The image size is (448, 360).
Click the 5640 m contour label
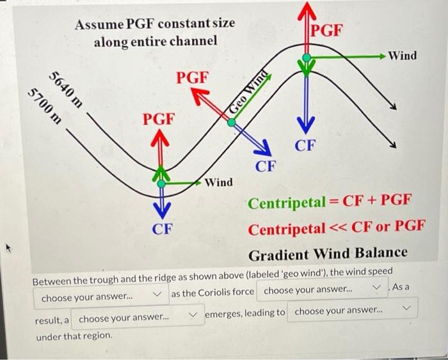(66, 90)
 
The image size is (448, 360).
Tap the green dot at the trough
(161, 184)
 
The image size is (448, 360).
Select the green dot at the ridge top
(307, 58)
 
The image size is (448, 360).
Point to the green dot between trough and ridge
(232, 123)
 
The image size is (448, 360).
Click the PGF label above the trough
(159, 120)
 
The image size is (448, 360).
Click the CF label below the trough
(163, 229)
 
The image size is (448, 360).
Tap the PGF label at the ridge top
(326, 30)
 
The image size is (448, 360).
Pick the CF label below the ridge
(305, 146)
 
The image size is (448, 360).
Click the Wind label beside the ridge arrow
(403, 56)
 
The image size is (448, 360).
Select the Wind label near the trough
(219, 182)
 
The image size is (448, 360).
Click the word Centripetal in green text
(287, 203)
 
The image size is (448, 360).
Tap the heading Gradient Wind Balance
(328, 254)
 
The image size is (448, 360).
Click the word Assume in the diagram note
(99, 24)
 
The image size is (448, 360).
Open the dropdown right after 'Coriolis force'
(322, 290)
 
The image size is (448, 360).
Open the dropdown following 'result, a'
(138, 318)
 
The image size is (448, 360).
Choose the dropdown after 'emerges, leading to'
(352, 309)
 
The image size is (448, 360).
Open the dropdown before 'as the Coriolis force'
(101, 297)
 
